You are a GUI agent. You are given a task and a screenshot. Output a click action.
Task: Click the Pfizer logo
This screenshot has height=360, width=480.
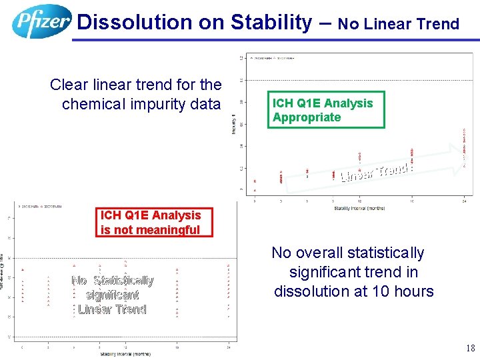coord(41,21)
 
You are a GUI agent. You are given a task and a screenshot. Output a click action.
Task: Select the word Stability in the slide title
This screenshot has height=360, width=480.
coord(271,23)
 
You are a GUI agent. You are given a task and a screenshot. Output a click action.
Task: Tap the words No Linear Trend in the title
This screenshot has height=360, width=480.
coord(399,25)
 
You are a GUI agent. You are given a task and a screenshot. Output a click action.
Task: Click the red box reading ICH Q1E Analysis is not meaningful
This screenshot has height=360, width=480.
coord(150,222)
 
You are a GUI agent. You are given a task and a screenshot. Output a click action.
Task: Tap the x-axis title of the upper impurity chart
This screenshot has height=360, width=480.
coord(359,209)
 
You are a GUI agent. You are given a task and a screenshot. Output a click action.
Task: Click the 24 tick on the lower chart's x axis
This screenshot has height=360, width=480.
coord(228,346)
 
